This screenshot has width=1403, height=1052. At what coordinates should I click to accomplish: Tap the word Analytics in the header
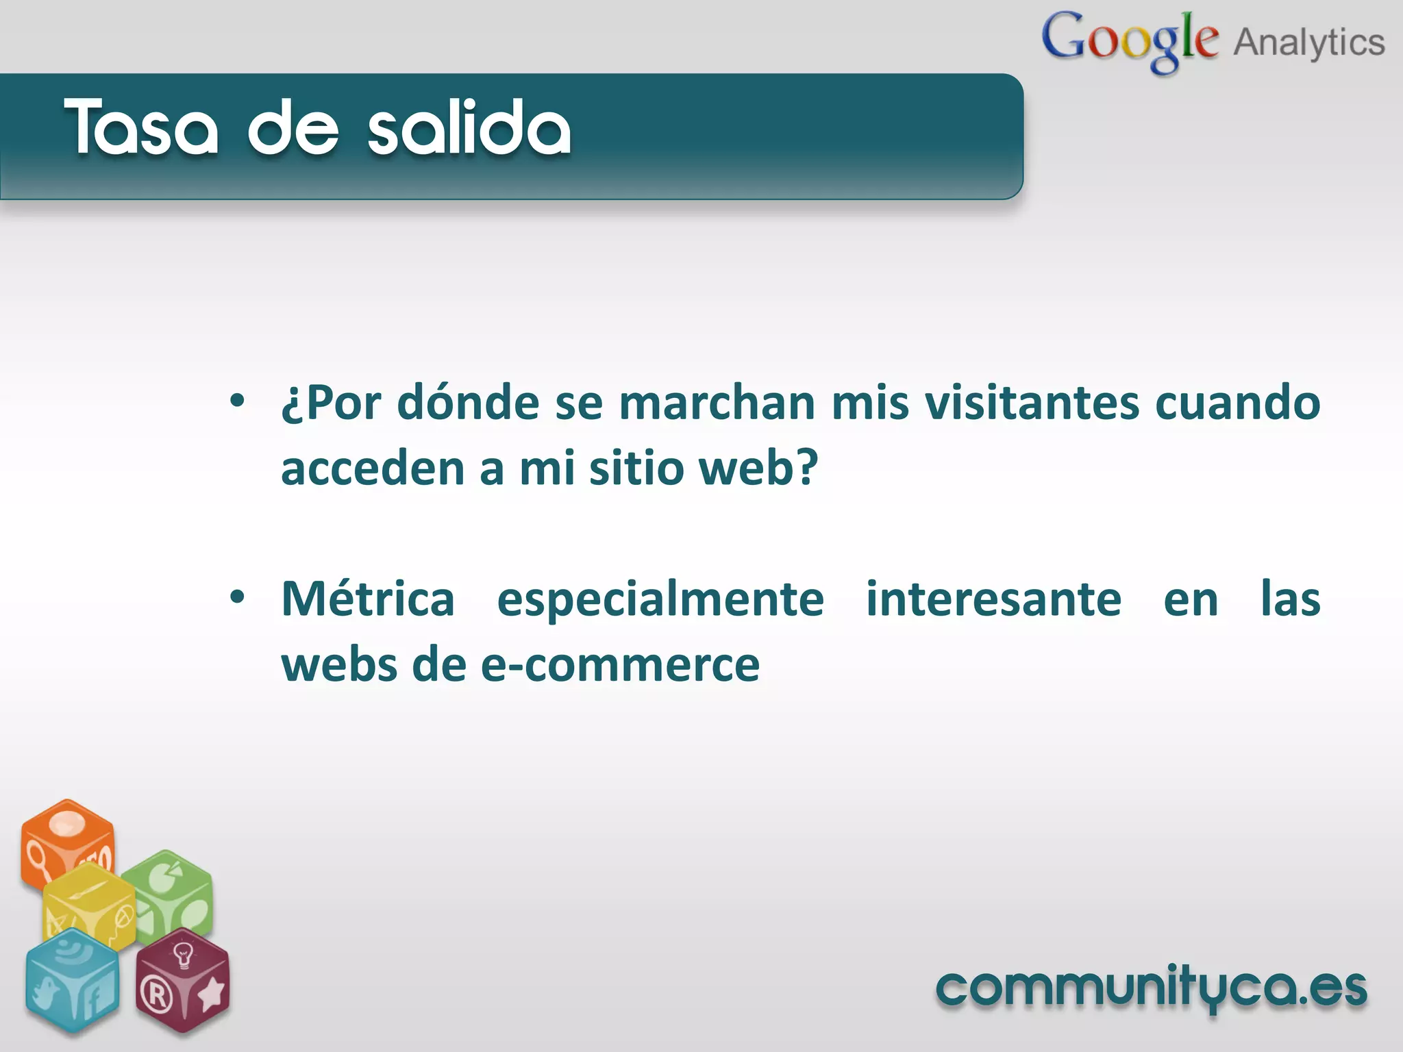[1309, 42]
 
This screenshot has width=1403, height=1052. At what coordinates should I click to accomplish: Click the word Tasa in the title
[141, 127]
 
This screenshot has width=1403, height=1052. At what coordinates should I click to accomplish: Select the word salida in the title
[469, 127]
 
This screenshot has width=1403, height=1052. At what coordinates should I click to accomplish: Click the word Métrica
[368, 599]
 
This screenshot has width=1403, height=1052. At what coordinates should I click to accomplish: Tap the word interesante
[993, 599]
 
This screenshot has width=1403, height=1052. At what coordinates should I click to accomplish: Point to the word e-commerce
[620, 665]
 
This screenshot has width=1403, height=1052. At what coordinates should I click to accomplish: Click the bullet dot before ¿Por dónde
[237, 401]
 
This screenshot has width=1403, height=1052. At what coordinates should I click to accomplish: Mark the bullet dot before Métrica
[237, 597]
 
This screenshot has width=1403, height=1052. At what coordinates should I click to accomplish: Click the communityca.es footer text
[1151, 989]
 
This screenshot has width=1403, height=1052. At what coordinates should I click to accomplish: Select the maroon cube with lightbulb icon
[182, 979]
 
